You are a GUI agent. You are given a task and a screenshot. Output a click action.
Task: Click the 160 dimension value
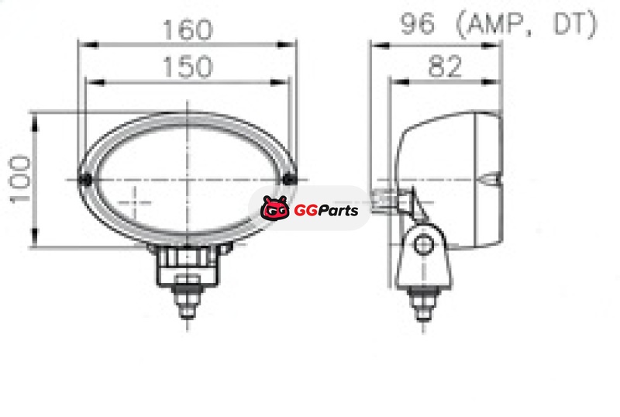click(188, 29)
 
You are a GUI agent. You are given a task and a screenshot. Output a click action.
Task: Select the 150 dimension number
click(188, 67)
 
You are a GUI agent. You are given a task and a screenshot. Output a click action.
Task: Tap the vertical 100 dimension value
click(20, 179)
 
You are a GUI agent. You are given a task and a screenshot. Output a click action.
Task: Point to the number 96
click(418, 23)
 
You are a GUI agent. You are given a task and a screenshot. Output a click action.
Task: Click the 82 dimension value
click(445, 66)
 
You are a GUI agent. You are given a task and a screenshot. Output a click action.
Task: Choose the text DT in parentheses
click(570, 23)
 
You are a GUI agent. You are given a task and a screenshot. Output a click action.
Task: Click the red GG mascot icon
click(274, 208)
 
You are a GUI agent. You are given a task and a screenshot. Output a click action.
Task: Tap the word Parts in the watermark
click(339, 210)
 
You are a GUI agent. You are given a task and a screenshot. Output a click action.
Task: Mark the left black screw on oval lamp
click(85, 180)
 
